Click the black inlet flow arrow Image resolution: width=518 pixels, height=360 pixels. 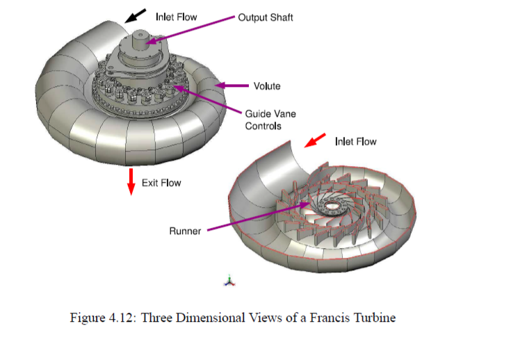click(x=136, y=15)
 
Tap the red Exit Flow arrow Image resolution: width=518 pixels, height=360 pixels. click(x=131, y=181)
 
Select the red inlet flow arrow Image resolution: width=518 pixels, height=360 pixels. click(x=315, y=140)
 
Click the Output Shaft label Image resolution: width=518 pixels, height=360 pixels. click(x=266, y=17)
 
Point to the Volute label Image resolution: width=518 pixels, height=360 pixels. click(x=267, y=86)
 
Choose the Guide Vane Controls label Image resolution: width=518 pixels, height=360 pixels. click(x=270, y=120)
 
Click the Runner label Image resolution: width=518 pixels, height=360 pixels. click(x=185, y=231)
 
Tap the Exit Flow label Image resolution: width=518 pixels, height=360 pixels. click(x=161, y=183)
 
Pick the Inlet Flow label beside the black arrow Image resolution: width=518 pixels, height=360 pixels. click(x=177, y=17)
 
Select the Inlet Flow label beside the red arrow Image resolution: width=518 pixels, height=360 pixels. click(x=356, y=142)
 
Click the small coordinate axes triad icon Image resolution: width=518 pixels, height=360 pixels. click(x=229, y=280)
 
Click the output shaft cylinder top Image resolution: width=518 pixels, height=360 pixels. click(x=140, y=34)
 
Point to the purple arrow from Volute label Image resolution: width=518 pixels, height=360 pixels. click(x=232, y=85)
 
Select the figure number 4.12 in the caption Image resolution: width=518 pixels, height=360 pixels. click(x=122, y=318)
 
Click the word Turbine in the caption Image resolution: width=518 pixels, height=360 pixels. click(x=375, y=318)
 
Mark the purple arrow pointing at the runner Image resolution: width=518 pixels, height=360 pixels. click(x=259, y=217)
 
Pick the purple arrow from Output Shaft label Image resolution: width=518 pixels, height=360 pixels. click(x=190, y=29)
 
